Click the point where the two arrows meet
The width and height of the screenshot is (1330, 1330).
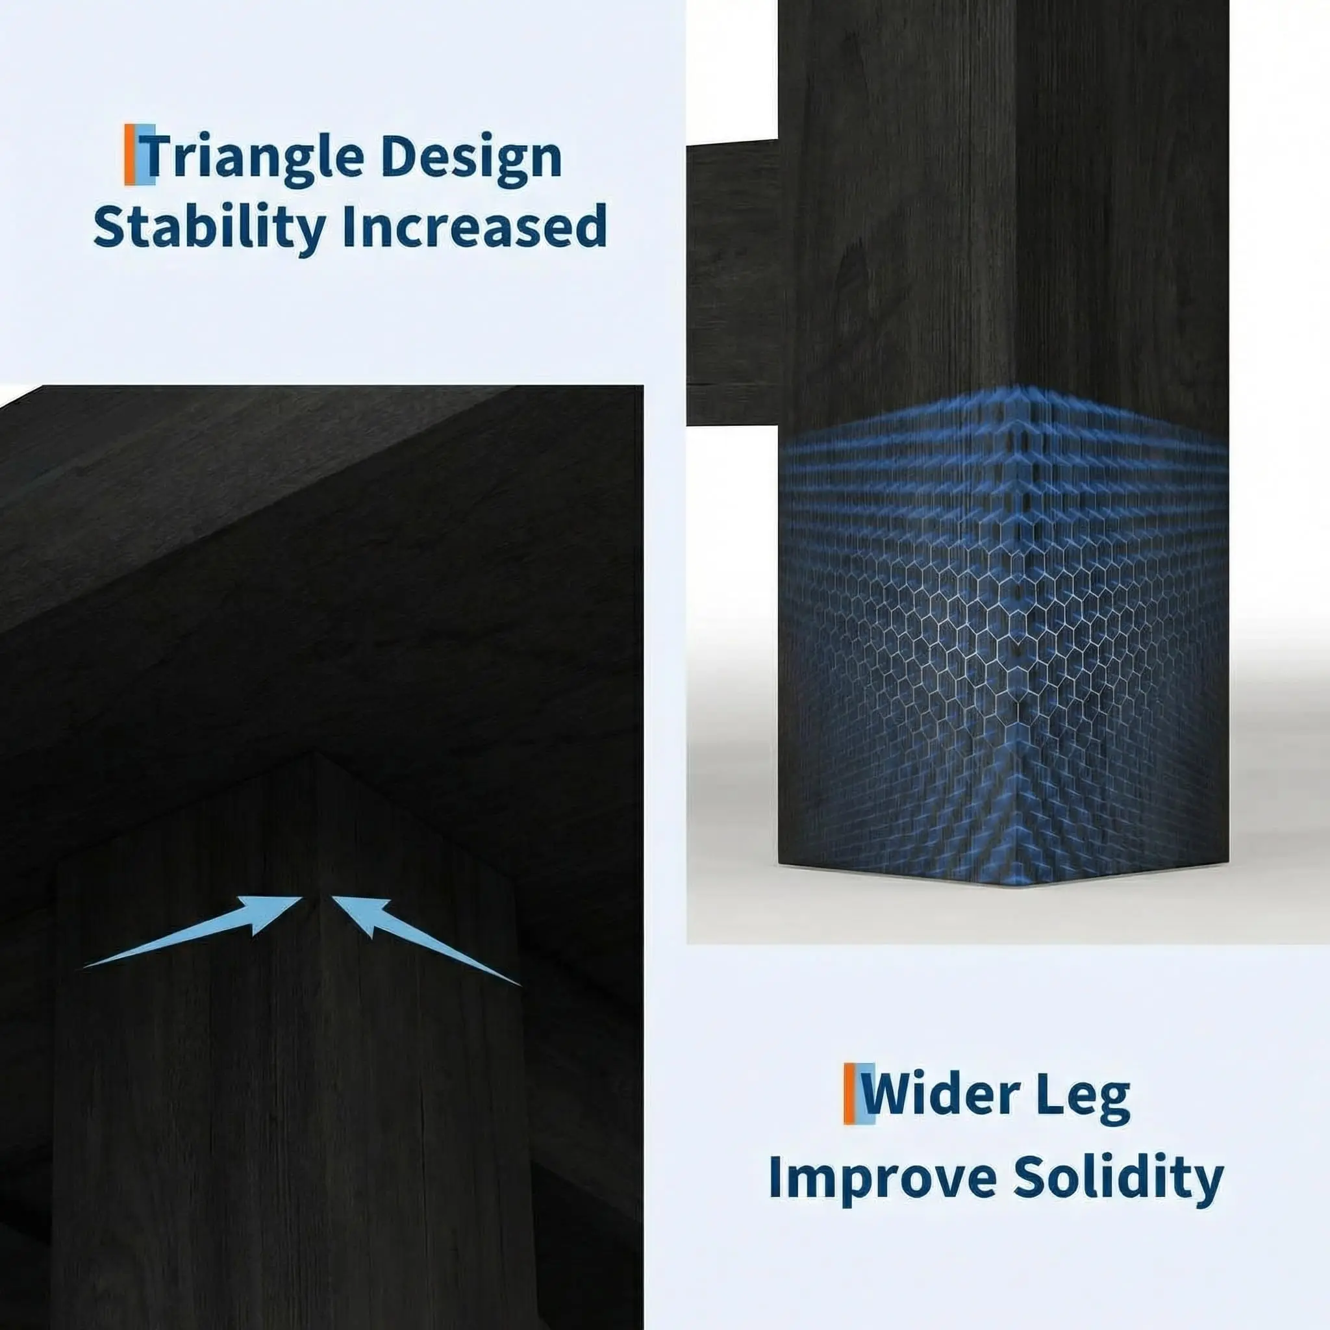[317, 897]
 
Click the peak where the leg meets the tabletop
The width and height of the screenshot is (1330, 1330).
[315, 753]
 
